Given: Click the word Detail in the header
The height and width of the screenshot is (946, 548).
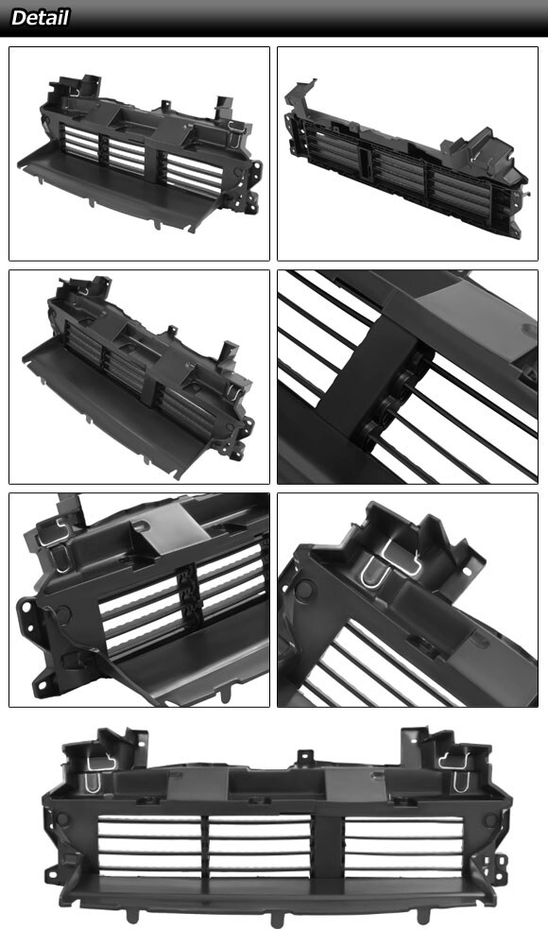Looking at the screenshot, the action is point(40,18).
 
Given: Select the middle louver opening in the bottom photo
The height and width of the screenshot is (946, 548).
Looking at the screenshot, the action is point(260,844).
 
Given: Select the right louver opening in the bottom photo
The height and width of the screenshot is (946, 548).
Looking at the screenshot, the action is point(398,844).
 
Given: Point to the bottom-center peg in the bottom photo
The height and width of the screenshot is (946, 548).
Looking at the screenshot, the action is point(277,920).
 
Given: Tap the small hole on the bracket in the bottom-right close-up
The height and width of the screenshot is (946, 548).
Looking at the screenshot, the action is point(465,572).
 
